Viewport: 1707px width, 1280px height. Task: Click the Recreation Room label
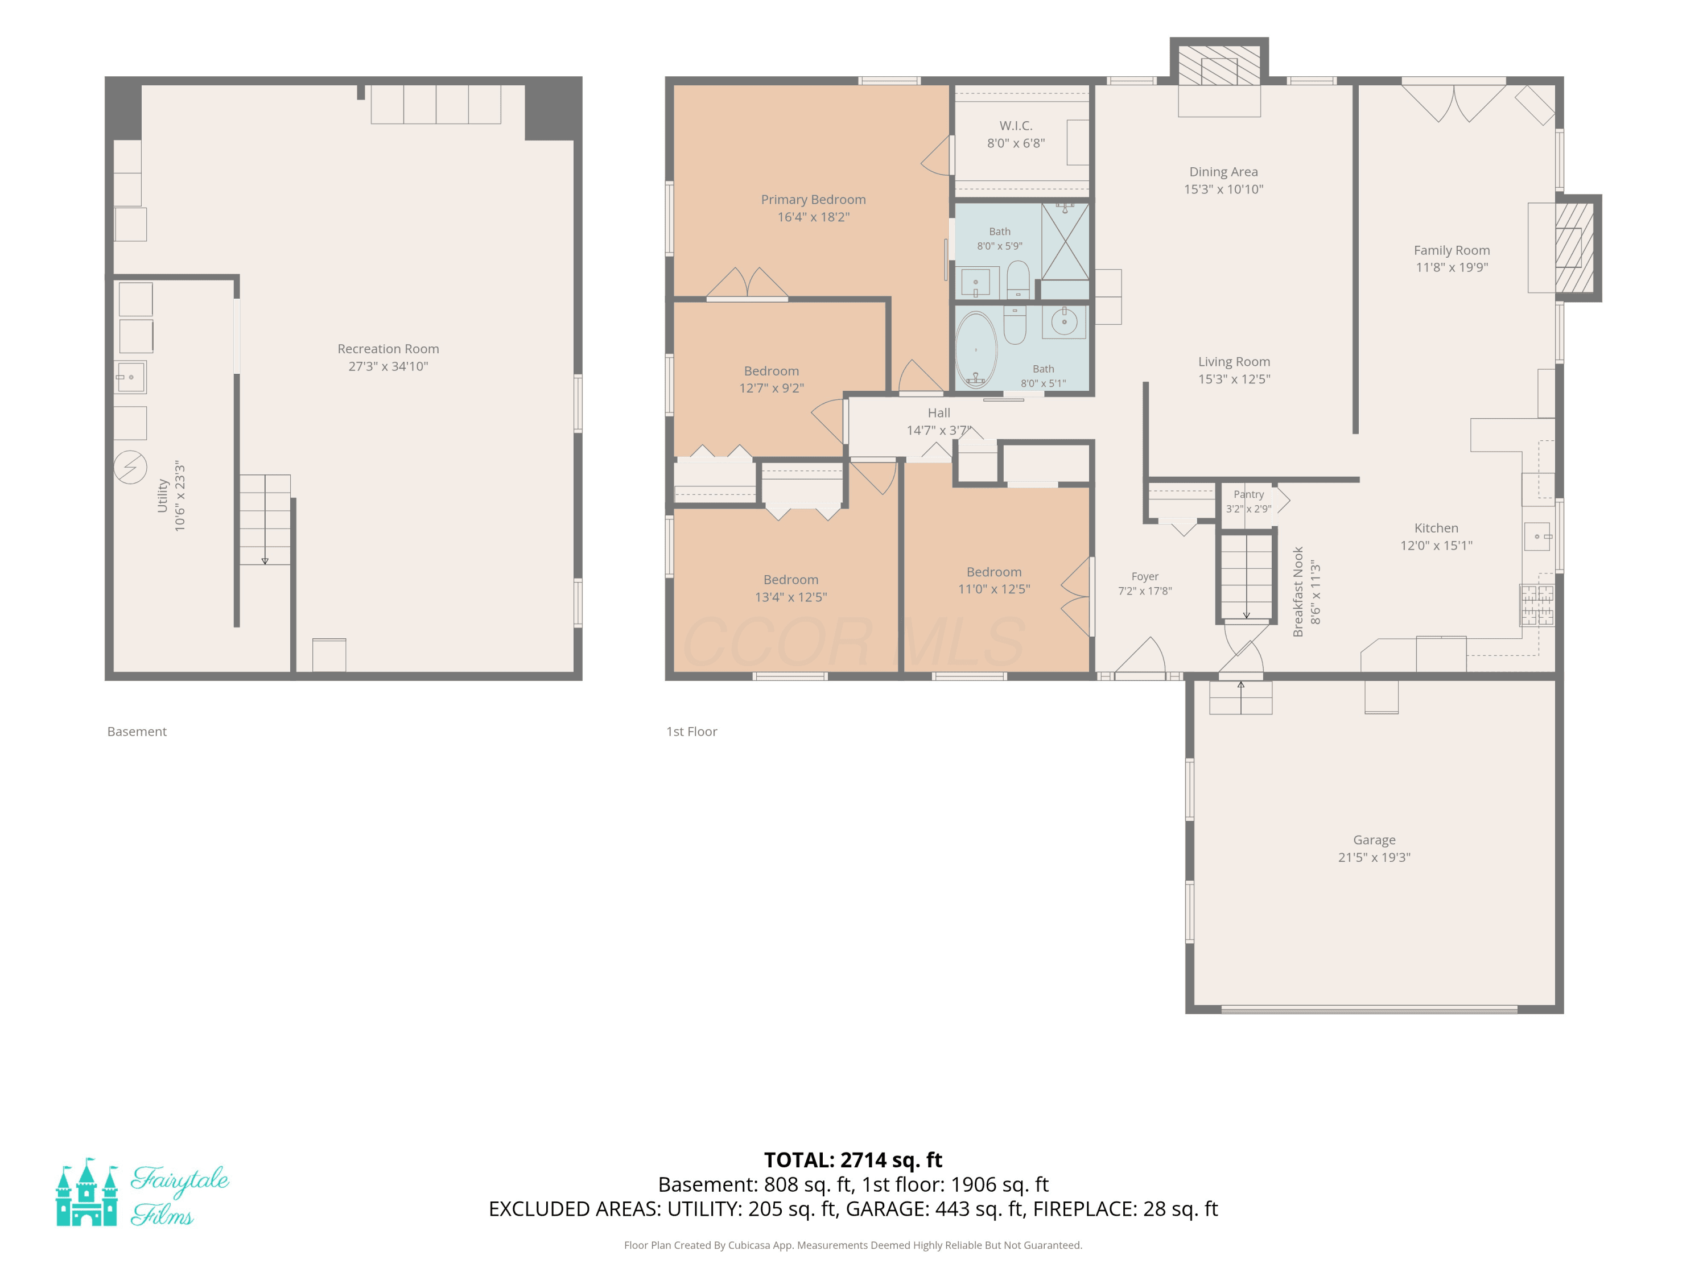388,349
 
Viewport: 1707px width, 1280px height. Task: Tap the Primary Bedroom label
813,199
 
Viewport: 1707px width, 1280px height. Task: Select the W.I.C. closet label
1016,125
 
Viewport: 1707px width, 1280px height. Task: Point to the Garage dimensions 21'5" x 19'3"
1374,857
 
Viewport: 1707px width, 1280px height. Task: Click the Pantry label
1248,494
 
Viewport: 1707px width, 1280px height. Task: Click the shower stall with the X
1065,241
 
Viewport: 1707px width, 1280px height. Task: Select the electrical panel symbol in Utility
130,467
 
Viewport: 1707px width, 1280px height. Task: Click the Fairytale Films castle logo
86,1192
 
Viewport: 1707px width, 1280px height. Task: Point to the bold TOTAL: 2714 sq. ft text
853,1159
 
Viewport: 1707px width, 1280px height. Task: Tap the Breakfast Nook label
1298,592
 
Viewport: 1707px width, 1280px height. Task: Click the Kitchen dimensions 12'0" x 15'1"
1436,546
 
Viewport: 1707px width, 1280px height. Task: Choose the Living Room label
1234,361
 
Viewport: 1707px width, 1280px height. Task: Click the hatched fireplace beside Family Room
1574,247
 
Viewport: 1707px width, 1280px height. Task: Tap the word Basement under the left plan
137,732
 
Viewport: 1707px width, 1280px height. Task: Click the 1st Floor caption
691,732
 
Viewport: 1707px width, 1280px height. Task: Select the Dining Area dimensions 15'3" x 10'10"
1224,189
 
